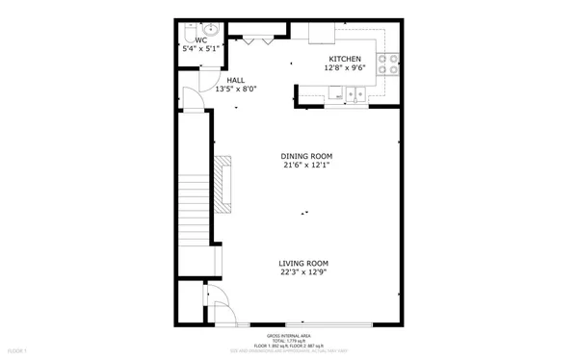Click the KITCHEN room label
tap(344, 59)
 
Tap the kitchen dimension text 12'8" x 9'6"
tap(344, 68)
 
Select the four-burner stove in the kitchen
tap(387, 64)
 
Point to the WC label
tap(200, 41)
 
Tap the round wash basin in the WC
tap(212, 28)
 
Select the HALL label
tap(235, 80)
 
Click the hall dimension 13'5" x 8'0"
tap(235, 90)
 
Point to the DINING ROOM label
tap(306, 156)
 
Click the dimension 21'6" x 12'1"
tap(306, 166)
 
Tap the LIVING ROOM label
tap(303, 263)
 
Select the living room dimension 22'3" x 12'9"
tap(303, 272)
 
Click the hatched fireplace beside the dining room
tap(225, 185)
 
